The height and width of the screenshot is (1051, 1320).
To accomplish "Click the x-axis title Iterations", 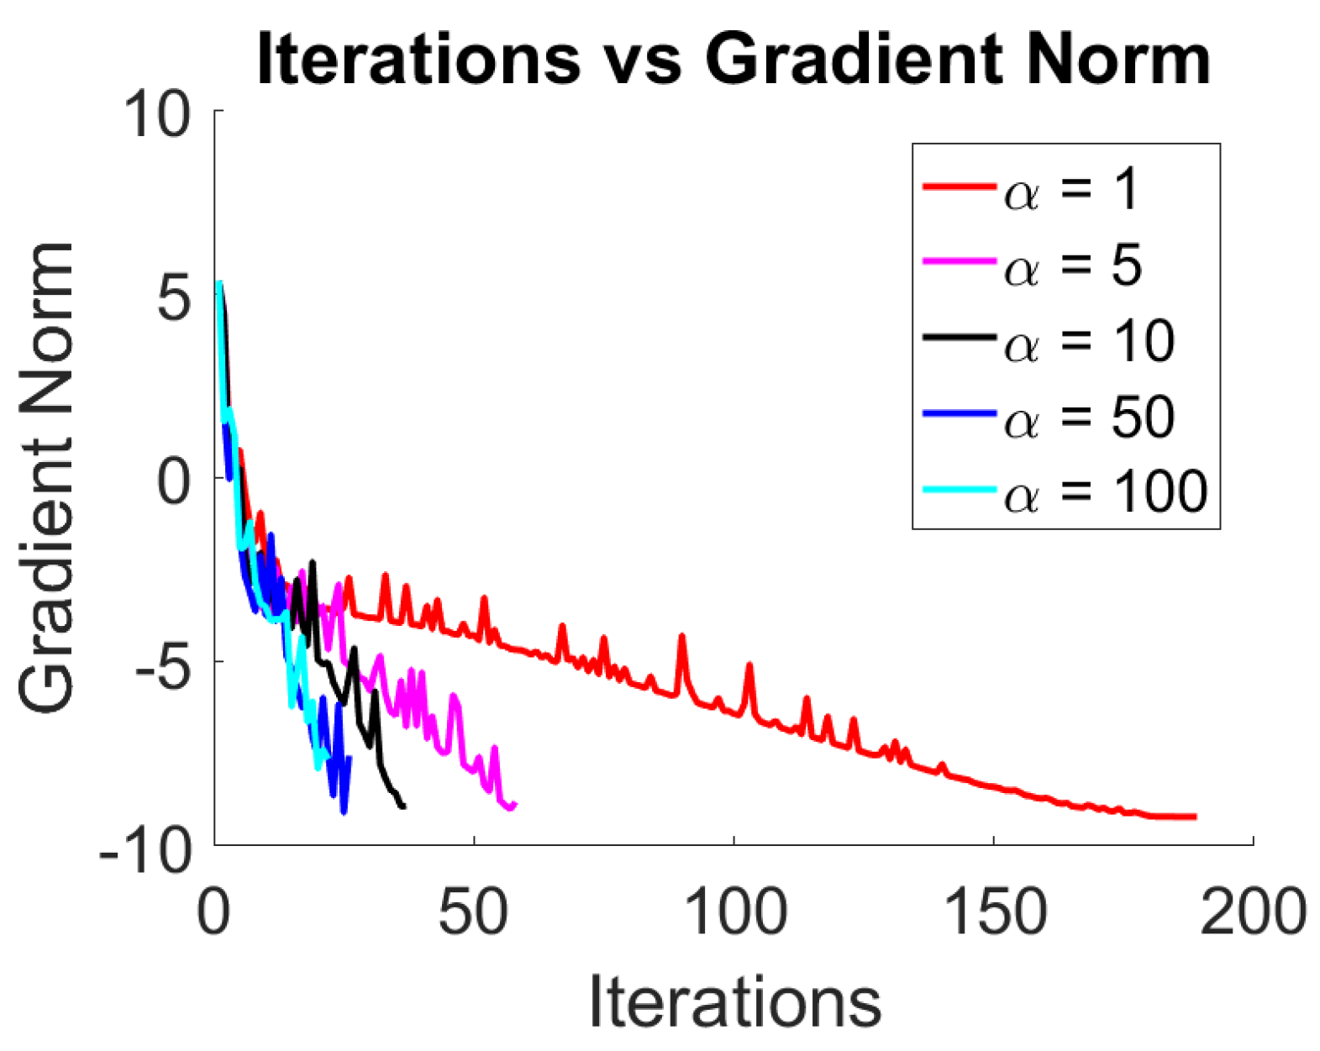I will [734, 1001].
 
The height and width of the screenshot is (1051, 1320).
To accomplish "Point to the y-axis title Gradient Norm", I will [47, 477].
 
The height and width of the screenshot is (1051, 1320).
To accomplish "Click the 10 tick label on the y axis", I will [157, 115].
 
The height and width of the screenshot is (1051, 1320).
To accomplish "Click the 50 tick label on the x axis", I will [473, 912].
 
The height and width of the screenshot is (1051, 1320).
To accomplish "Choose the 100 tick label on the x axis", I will [735, 912].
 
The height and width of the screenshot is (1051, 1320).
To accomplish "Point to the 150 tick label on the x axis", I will [995, 912].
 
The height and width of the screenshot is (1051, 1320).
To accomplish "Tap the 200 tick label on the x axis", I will [1253, 912].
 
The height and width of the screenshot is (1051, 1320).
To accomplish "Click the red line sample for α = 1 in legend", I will [959, 187].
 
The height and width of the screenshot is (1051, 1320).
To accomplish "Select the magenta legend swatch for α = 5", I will [959, 262].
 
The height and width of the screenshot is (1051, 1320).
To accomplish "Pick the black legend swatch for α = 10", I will [959, 337].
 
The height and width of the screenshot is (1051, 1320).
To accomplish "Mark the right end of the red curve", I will [1195, 816].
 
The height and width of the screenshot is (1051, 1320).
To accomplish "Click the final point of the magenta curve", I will [515, 804].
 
